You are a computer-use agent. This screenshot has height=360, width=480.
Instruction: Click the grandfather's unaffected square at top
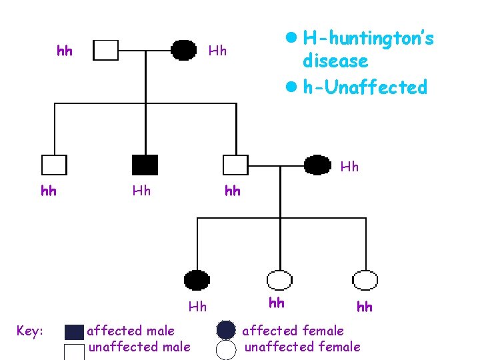(x=105, y=50)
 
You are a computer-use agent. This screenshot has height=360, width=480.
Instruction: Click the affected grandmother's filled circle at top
(x=183, y=50)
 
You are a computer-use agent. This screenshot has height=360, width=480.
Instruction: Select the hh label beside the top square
(x=65, y=51)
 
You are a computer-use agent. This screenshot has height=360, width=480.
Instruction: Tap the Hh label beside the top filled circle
(x=218, y=51)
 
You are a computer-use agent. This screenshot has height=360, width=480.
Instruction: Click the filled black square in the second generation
(x=145, y=165)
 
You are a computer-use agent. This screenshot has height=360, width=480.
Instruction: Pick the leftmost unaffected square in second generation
(x=53, y=165)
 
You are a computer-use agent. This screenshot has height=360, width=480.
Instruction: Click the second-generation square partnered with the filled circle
(x=235, y=165)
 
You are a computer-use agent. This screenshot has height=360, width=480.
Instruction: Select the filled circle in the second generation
(x=317, y=164)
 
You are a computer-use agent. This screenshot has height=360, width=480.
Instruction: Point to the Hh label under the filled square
(x=141, y=191)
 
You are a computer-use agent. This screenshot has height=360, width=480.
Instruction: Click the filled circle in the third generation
(x=197, y=279)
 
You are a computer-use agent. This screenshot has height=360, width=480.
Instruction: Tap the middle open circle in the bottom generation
(x=279, y=279)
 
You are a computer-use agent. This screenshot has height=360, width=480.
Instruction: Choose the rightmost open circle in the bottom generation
(x=365, y=279)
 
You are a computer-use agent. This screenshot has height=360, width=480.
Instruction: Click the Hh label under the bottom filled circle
(x=197, y=307)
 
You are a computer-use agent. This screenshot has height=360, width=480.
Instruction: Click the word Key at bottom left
(x=31, y=331)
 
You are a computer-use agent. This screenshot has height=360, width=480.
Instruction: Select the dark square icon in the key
(x=75, y=331)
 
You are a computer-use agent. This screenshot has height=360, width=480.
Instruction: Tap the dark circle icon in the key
(x=227, y=330)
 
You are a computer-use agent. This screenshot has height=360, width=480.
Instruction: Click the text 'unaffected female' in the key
(x=302, y=347)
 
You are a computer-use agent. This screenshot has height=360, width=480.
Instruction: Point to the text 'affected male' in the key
(x=131, y=331)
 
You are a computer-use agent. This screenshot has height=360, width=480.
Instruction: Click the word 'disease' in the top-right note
(x=335, y=61)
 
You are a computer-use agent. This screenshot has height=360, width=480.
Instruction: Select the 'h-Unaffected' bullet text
(x=364, y=87)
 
